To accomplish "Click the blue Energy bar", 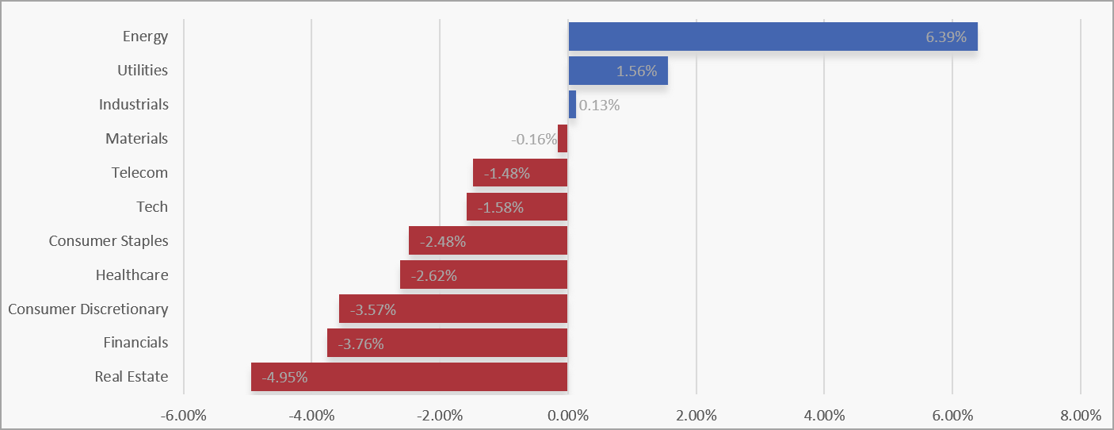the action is coord(773,36).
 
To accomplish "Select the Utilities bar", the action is coord(618,71).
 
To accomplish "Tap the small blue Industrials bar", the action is coord(572,104).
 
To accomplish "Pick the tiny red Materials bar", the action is coord(563,139).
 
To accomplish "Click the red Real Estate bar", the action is coord(410,377).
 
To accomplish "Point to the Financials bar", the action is coord(447,343).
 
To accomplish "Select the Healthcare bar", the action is coord(484,275).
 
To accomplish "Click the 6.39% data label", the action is coord(946,36).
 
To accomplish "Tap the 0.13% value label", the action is coord(599,106).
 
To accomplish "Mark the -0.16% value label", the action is coord(533,139).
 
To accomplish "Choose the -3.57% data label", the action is coord(373,310).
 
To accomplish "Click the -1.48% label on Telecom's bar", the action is coord(507,174).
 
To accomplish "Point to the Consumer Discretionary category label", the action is coord(88,309).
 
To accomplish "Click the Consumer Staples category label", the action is coord(109,240).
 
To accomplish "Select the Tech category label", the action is coord(152,206).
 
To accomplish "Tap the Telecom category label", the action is coord(139,172).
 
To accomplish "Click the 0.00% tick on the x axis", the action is coord(568,415).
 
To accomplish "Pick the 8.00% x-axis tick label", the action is coord(1081,415).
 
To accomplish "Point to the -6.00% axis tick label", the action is coord(184,415).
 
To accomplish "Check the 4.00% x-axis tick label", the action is coord(825,415).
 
